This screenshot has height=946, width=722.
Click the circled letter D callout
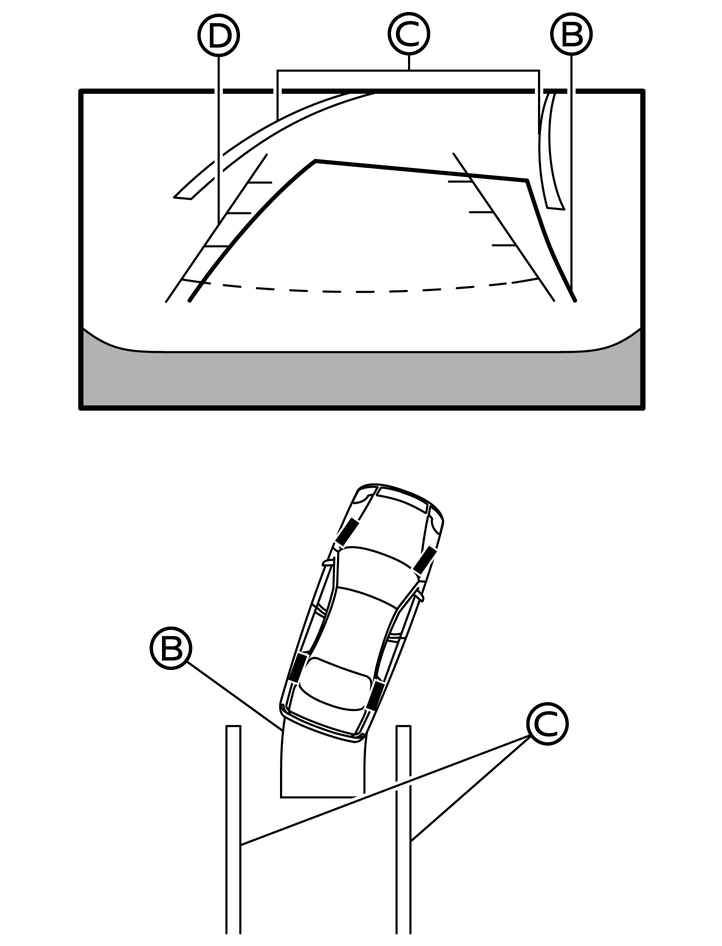[218, 36]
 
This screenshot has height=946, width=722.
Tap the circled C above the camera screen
[409, 34]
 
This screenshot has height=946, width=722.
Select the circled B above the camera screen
[571, 34]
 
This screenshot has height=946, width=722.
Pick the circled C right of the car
[547, 724]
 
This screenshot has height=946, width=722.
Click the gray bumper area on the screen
[362, 374]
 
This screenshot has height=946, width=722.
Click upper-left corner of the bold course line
[315, 160]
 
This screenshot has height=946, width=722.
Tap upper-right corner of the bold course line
[528, 179]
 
